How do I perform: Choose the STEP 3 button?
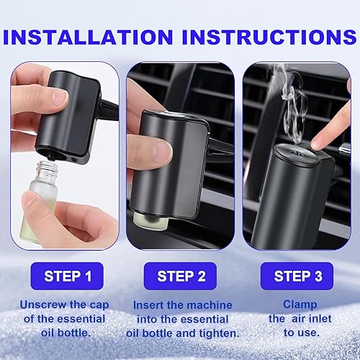298,276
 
